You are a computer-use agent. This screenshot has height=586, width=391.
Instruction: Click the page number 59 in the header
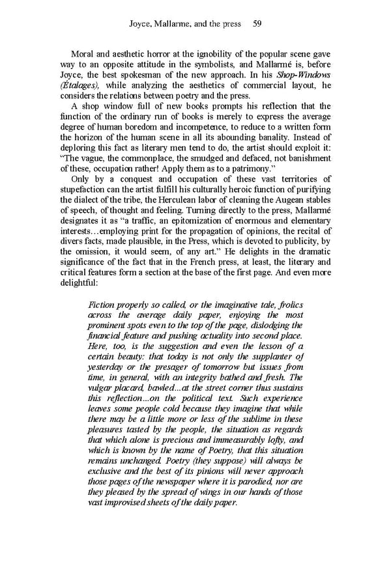pos(257,24)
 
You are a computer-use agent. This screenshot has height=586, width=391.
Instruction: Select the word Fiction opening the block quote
pos(101,305)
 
